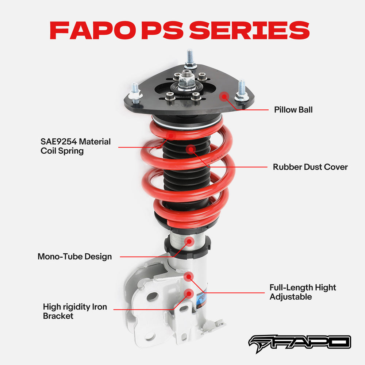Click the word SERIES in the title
point(250,30)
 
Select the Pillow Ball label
point(293,109)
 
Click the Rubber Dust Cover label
point(310,167)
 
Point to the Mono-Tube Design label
point(74,256)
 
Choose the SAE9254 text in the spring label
point(59,141)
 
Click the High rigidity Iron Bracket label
point(75,311)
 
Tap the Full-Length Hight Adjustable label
point(303,292)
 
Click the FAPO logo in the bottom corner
point(299,342)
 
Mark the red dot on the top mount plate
point(224,96)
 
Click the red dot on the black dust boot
point(190,149)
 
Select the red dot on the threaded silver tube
point(189,241)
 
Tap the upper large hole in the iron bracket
point(153,296)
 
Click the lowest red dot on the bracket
point(189,293)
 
